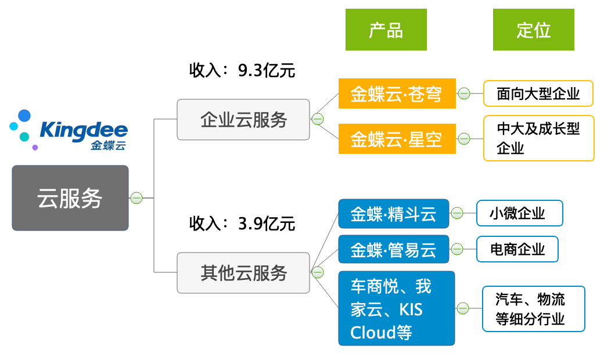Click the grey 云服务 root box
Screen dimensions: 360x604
70,198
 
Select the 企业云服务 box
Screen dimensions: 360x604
243,120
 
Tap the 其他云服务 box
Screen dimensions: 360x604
243,272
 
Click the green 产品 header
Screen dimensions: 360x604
386,30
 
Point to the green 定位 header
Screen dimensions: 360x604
533,30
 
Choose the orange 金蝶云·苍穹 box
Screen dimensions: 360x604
397,93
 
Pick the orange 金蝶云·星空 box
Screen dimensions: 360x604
397,139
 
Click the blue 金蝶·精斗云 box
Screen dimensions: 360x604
394,214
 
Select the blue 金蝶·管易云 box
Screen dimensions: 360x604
394,250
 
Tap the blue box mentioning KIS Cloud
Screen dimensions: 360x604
396,308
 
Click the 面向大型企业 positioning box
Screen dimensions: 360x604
538,93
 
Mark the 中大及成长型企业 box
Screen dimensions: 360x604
538,138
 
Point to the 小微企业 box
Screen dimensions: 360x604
519,213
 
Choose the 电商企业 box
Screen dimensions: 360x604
517,249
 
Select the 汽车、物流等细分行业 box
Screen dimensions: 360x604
533,309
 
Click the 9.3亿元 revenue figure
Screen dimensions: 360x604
267,71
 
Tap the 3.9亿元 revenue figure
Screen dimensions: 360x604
267,223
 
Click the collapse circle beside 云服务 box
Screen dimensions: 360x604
136,198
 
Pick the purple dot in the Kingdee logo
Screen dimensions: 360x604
35,147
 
